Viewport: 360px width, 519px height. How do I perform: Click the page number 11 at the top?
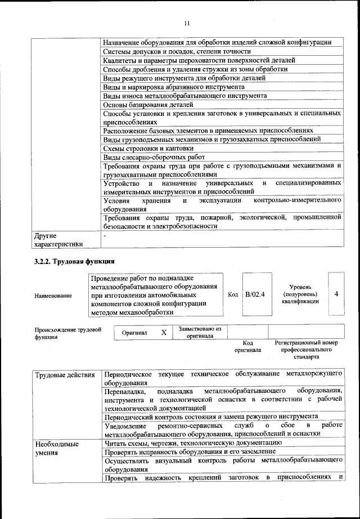click(x=187, y=23)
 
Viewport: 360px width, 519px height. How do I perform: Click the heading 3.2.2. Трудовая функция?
click(x=74, y=262)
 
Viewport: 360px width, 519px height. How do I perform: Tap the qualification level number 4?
click(x=336, y=294)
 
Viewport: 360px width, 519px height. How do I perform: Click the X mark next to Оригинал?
click(x=164, y=333)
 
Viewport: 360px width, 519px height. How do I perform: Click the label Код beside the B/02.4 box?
click(x=233, y=294)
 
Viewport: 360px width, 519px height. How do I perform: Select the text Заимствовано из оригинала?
click(x=199, y=332)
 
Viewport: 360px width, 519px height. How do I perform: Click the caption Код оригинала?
click(x=247, y=346)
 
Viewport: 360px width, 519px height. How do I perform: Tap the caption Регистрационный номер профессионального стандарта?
click(x=306, y=350)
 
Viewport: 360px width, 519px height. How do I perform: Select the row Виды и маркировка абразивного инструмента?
click(x=174, y=87)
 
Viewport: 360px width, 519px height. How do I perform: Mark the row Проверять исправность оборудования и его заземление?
click(x=190, y=451)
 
